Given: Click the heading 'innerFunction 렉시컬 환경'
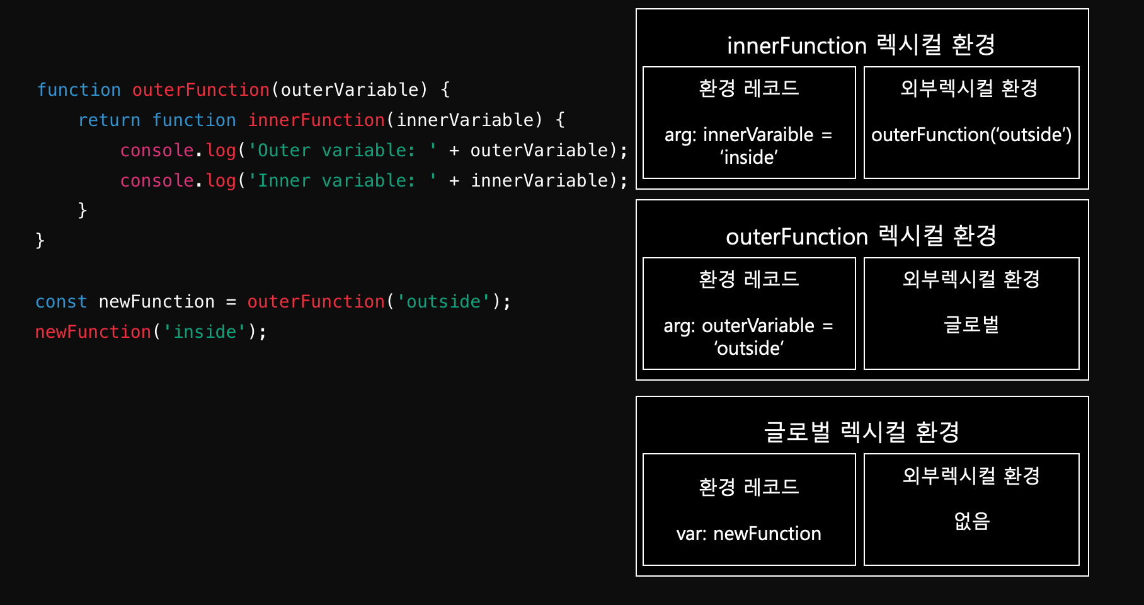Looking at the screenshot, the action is tap(861, 45).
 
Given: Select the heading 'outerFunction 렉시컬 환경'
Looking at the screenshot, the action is tap(861, 236).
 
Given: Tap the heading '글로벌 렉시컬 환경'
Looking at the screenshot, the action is tap(861, 432).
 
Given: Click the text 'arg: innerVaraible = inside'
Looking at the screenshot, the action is tap(748, 146).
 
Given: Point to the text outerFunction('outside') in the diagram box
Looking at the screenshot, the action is tap(971, 135).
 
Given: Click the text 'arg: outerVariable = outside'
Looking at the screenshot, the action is tap(748, 337).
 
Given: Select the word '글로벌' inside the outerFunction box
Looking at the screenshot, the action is tap(971, 325).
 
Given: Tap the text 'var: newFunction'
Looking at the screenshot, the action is tap(748, 534).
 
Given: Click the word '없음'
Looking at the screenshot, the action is tap(971, 521).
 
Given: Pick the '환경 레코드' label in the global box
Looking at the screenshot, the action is tap(748, 487).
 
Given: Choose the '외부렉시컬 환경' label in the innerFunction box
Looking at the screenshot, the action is tap(969, 88).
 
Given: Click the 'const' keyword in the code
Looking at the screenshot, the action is tap(61, 302).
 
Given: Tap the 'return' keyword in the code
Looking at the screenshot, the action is tap(109, 120).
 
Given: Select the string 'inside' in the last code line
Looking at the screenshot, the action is tap(205, 332).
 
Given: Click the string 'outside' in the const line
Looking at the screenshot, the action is tap(443, 302).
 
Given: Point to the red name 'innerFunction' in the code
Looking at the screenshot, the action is tap(316, 120).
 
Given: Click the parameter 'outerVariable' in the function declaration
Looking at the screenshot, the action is tap(350, 90).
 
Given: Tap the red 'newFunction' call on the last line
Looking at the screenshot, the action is tap(93, 332).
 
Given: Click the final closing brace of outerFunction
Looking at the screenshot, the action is tap(40, 241).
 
